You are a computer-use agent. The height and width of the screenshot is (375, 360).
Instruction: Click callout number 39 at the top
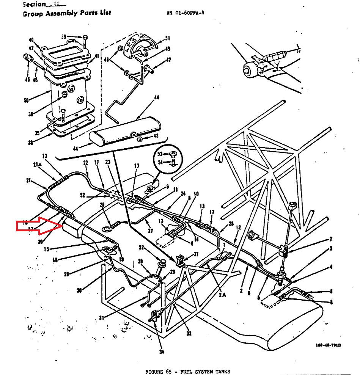coord(64,36)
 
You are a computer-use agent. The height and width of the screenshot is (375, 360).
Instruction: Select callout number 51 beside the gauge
coord(167,39)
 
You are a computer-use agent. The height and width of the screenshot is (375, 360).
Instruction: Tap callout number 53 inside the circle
coord(160,154)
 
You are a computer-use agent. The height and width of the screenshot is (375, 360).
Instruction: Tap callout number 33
coord(189,334)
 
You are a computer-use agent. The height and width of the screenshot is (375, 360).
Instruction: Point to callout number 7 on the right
coord(331,239)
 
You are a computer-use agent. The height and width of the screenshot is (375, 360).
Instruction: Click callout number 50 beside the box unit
coord(26,100)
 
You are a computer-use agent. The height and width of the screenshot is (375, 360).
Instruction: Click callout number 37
coord(196,254)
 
